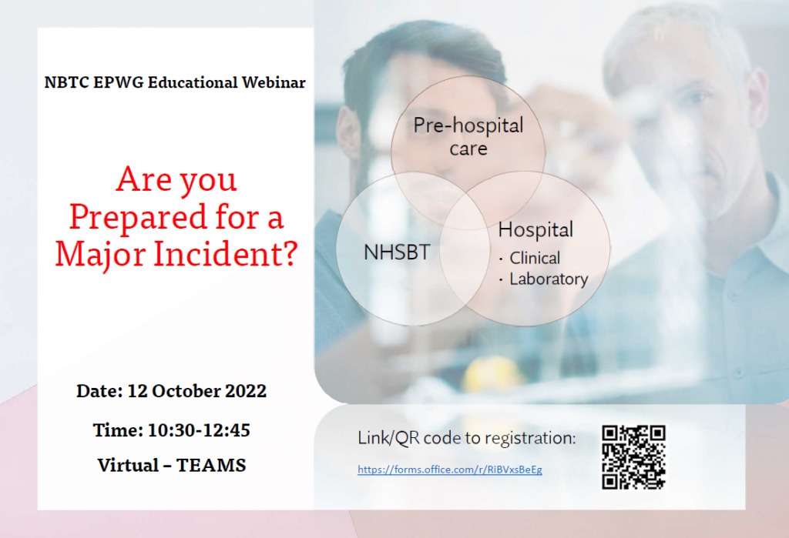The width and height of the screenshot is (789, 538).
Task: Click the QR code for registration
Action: coord(633,457)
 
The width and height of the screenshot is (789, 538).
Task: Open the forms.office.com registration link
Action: coord(450,469)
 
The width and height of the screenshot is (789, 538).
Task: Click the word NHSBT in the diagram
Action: coord(397,252)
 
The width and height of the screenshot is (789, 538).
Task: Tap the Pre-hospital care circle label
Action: coord(468,137)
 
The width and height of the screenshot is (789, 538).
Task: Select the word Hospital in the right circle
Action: coord(536,230)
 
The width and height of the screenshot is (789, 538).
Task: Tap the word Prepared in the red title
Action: coord(137,218)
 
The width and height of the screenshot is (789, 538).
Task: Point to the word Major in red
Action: coord(101,255)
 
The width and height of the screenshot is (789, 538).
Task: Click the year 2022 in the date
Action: coord(246,391)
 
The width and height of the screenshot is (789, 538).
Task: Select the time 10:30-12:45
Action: coord(199,430)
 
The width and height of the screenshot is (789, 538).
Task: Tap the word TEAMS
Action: coord(211,466)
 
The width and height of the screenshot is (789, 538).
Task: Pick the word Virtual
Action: coord(129,466)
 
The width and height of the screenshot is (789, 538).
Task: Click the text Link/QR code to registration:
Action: coord(466,438)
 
